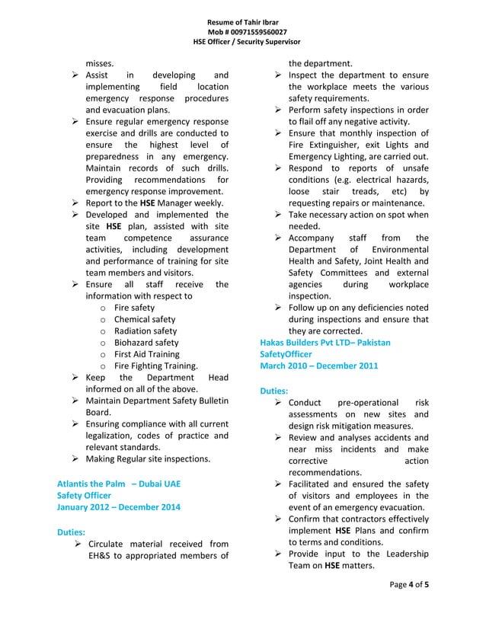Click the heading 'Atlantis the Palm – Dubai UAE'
(x=119, y=484)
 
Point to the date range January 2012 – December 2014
(x=119, y=507)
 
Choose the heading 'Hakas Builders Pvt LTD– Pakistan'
(x=325, y=343)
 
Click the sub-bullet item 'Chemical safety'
(x=144, y=320)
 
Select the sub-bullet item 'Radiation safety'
(x=145, y=331)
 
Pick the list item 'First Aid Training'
(x=146, y=354)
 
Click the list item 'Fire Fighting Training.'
(x=155, y=366)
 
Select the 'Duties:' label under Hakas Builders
(x=273, y=390)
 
